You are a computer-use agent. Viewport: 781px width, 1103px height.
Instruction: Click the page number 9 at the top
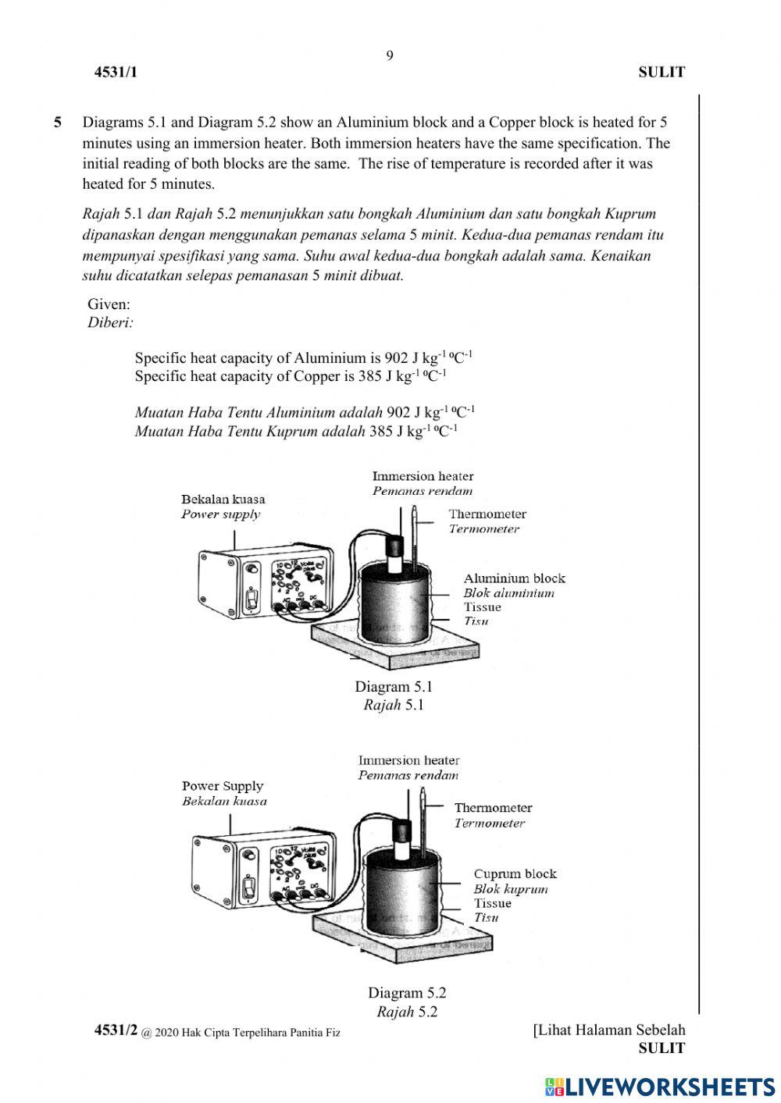[390, 55]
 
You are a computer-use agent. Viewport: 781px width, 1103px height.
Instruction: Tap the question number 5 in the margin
[58, 123]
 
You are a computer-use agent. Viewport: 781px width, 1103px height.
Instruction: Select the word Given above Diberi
[109, 304]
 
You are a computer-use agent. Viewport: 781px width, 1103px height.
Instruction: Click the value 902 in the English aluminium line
[397, 358]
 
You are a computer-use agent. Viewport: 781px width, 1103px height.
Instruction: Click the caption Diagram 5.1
[393, 687]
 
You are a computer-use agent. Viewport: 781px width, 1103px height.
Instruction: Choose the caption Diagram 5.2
[407, 993]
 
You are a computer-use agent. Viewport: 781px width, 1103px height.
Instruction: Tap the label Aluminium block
[514, 578]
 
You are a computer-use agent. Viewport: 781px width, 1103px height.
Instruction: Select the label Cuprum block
[515, 874]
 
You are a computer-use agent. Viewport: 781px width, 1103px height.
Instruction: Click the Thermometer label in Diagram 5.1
[487, 514]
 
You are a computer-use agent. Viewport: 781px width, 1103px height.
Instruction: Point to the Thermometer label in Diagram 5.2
[493, 808]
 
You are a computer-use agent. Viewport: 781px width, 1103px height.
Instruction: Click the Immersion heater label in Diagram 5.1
[423, 476]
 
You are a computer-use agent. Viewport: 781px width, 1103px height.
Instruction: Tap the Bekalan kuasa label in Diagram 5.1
[223, 500]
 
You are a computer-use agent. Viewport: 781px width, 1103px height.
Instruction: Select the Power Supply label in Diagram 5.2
[223, 786]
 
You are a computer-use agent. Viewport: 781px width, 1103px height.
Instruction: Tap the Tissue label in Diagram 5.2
[492, 903]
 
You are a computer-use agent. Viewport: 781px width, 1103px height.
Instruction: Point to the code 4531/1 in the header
[116, 73]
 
